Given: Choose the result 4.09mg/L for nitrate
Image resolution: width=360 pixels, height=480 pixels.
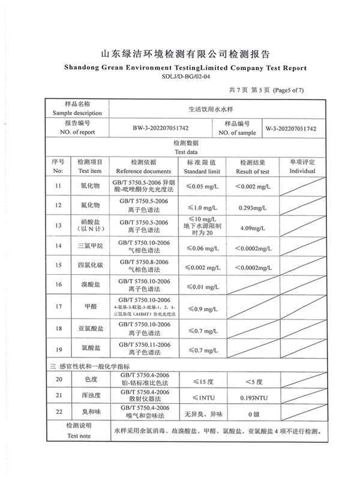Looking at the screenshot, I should click(253, 228).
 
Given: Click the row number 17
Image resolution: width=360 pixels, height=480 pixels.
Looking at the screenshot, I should click(58, 307).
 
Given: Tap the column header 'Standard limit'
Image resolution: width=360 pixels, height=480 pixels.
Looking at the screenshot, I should click(202, 171).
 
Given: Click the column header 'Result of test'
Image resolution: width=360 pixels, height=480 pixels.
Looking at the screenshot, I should click(253, 171).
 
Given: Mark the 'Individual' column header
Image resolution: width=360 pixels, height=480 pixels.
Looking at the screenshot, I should click(302, 171).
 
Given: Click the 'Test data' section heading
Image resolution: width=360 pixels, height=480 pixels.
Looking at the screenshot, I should click(185, 152).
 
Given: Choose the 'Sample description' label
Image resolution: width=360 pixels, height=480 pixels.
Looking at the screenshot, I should click(77, 113).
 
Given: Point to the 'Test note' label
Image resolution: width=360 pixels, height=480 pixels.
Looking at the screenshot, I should click(78, 436).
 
